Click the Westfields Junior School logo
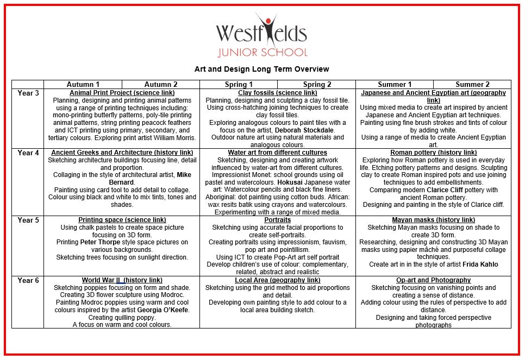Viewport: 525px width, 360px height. (261, 36)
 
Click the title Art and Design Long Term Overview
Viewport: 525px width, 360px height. (261, 69)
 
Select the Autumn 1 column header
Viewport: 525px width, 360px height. (83, 85)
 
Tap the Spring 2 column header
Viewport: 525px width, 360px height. (317, 85)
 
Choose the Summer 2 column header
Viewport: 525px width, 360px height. (472, 85)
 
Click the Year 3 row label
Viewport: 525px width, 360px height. (28, 93)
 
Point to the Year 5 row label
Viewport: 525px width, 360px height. (28, 220)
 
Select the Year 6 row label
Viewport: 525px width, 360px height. (28, 280)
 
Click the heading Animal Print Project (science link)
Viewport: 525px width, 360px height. (122, 93)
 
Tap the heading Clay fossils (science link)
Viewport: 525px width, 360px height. (277, 93)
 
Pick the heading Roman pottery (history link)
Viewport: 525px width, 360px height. (433, 153)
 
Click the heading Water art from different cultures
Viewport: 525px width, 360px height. (277, 153)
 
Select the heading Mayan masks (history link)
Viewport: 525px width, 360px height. (433, 220)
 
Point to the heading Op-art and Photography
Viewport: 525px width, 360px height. (433, 280)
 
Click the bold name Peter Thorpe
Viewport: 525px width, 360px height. (101, 242)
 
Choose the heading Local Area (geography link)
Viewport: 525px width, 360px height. (277, 280)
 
